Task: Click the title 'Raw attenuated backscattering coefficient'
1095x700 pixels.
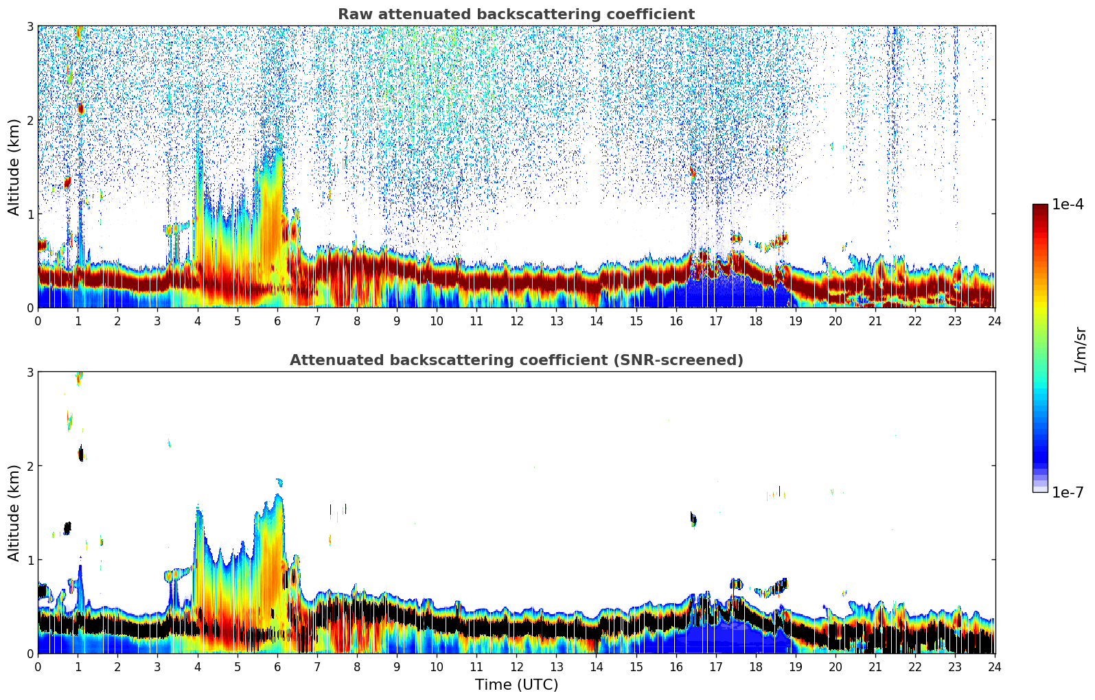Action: (x=516, y=14)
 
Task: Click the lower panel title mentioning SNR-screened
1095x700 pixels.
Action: (x=516, y=360)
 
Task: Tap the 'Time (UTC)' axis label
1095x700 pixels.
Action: (x=516, y=684)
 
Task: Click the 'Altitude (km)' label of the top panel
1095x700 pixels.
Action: (x=14, y=167)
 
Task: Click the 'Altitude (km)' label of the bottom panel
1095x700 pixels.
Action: (x=14, y=513)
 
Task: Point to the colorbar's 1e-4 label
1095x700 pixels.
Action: (x=1068, y=205)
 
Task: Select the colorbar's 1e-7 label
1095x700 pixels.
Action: (x=1068, y=492)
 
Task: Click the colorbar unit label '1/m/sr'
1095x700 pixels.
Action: (x=1080, y=350)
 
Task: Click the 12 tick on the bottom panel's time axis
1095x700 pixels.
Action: (x=516, y=667)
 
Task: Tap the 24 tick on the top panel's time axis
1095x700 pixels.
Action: (x=995, y=321)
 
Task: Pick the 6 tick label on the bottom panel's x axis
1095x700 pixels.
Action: (x=277, y=667)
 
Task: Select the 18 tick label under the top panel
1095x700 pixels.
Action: (x=755, y=321)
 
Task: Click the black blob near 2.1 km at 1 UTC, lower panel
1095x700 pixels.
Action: (x=81, y=454)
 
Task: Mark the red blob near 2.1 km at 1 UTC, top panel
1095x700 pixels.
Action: (x=80, y=108)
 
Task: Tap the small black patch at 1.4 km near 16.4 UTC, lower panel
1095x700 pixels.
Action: (x=693, y=519)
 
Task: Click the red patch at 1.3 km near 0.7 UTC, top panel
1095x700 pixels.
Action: (x=67, y=183)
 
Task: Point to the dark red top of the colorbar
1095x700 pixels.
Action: (x=1039, y=207)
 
